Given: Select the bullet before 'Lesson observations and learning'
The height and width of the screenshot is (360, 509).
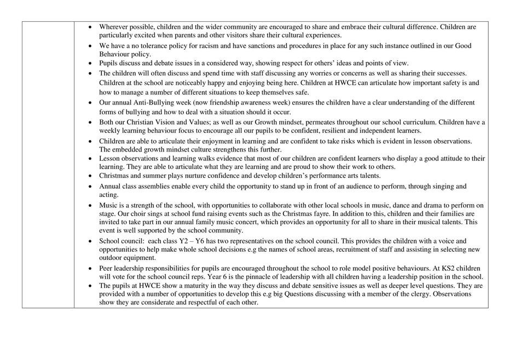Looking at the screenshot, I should [x=90, y=159].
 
